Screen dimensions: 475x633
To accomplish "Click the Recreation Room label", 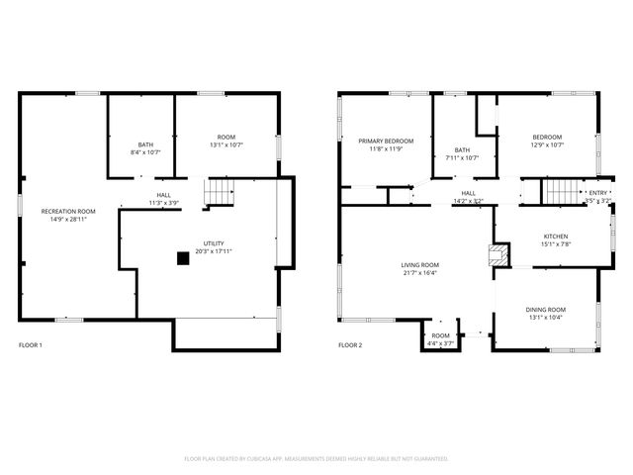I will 67,212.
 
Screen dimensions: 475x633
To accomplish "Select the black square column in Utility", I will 183,258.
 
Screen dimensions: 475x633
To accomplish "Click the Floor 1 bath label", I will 145,144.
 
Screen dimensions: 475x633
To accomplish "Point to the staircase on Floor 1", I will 219,192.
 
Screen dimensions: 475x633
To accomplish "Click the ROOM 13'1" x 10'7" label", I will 226,138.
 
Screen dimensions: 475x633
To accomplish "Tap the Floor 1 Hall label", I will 163,195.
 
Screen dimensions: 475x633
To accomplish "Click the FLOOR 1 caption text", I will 31,345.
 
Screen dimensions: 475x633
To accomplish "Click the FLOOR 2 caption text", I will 351,345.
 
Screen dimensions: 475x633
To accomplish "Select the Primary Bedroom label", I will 386,142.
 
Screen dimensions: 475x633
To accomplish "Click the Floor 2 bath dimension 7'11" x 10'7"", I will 462,157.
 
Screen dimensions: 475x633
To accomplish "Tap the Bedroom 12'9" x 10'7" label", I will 547,138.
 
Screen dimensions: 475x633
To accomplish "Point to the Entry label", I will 599,193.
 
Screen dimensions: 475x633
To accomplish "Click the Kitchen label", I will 556,237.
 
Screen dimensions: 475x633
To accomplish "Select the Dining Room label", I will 545,310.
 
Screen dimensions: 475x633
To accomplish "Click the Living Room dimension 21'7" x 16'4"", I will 419,274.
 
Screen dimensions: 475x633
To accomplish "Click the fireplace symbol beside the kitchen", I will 497,257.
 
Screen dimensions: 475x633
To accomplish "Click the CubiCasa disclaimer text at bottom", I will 316,459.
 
